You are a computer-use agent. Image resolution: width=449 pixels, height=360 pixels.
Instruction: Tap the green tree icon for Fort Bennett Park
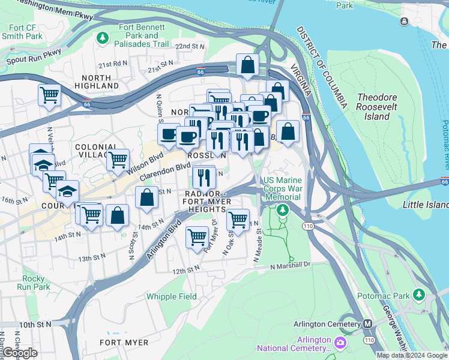click(x=103, y=38)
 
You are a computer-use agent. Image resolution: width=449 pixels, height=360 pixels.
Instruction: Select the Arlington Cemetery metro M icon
click(x=367, y=324)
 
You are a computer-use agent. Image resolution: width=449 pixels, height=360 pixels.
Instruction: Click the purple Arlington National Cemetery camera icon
click(x=340, y=343)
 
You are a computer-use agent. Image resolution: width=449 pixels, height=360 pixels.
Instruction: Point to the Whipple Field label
click(x=172, y=296)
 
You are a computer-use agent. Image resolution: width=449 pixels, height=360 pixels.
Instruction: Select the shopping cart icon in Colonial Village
click(x=118, y=160)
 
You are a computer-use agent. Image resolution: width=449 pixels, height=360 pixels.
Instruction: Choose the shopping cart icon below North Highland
click(x=49, y=95)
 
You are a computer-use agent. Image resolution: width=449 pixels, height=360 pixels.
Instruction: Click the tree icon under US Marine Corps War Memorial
click(x=283, y=211)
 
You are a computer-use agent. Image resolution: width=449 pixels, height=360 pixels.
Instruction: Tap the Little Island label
click(x=425, y=205)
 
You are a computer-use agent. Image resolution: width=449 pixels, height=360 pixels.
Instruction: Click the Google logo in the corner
click(x=20, y=353)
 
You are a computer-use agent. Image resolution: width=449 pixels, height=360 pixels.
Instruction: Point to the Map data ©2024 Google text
click(x=411, y=355)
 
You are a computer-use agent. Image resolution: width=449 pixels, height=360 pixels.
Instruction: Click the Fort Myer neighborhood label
click(x=124, y=343)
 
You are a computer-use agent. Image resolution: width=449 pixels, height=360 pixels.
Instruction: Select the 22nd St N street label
click(x=190, y=46)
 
